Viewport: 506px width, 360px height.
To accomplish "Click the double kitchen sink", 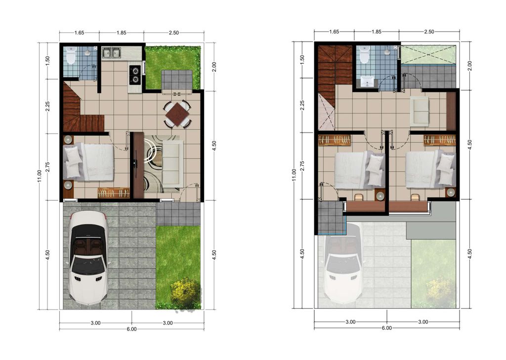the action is (x=111, y=53).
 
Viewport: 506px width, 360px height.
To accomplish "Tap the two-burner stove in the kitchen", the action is (x=135, y=75).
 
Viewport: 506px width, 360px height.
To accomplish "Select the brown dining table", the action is (x=177, y=114).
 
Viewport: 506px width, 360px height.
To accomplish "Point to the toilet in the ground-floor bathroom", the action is (x=70, y=55).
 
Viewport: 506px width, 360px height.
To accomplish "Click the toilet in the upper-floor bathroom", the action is (x=364, y=54).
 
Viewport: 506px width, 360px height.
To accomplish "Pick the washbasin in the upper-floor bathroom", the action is (x=368, y=82).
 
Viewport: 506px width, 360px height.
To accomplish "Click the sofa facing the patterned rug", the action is (x=172, y=164).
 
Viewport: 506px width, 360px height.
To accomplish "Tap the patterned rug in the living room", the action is (x=159, y=164).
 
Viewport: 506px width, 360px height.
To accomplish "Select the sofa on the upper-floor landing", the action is (x=420, y=111).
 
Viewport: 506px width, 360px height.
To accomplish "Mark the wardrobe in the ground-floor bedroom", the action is (x=114, y=193).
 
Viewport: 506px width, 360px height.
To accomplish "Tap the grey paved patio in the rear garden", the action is (x=177, y=80).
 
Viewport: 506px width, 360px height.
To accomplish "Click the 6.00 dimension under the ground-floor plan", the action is (x=131, y=329).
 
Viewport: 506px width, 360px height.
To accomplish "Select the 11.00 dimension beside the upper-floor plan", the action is (x=294, y=175).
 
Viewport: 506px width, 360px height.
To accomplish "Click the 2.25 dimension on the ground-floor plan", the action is (x=47, y=106).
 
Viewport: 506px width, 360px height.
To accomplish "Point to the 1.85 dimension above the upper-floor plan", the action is (x=376, y=32).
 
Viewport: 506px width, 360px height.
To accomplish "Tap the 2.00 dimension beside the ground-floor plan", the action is (x=214, y=67).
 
